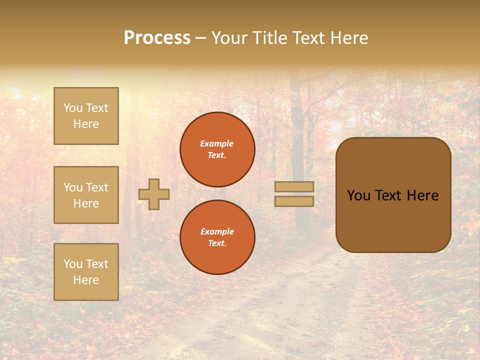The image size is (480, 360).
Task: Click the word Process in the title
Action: pos(157,38)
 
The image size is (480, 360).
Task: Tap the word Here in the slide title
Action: pos(347,38)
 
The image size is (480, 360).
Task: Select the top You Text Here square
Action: pos(86,116)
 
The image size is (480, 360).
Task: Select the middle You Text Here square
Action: pos(86,195)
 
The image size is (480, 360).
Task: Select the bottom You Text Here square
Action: pos(86,272)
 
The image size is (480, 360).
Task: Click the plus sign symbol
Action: pos(154,194)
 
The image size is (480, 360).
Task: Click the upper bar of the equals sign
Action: pos(294,186)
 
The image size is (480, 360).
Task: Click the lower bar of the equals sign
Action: pos(294,201)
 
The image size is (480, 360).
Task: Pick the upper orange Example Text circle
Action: pos(217,149)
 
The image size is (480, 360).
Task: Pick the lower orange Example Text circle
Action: pos(217,237)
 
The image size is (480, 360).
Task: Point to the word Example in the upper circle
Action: pos(216,143)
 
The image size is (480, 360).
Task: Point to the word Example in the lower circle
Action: pos(217,231)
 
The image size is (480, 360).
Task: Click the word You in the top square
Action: pos(73,108)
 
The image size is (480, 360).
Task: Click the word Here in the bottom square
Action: pos(86,280)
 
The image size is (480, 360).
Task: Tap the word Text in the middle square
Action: pos(97,187)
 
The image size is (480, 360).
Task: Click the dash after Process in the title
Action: pos(201,38)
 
